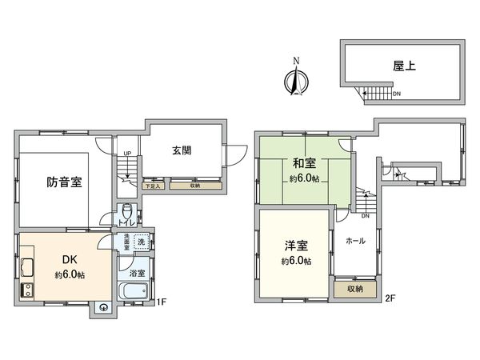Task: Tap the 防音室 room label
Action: [64, 182]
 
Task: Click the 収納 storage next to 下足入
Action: [196, 186]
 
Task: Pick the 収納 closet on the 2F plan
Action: [355, 289]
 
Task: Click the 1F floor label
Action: [161, 302]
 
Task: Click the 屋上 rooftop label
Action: [404, 67]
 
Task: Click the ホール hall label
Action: [355, 240]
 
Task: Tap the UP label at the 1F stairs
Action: [127, 154]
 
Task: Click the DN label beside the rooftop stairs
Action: [397, 94]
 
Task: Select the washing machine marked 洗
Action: [141, 242]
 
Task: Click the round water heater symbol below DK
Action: [104, 307]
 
